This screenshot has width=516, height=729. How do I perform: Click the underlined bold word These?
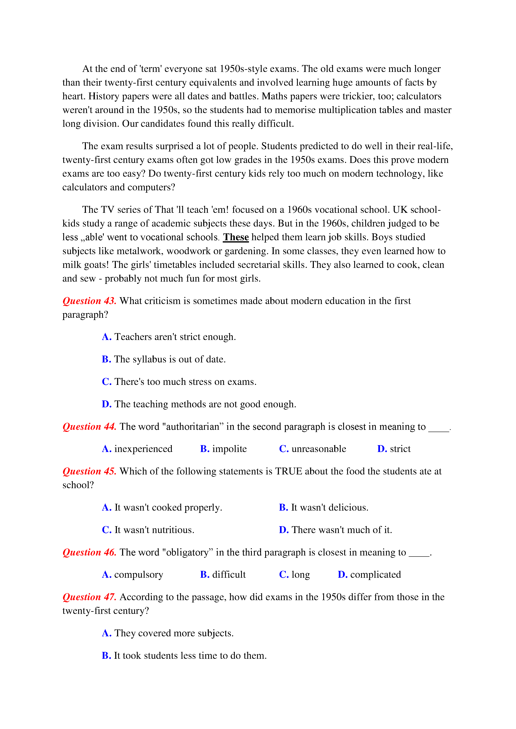[x=236, y=237]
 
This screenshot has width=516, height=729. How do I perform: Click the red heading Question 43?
[x=89, y=301]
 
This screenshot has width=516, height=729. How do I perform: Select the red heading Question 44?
[x=89, y=426]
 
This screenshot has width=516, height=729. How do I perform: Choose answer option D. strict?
[x=394, y=449]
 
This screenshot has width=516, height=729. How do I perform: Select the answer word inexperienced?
[x=143, y=449]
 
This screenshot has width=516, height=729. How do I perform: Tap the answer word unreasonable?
[x=319, y=449]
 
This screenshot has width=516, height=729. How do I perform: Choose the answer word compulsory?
[x=139, y=574]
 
